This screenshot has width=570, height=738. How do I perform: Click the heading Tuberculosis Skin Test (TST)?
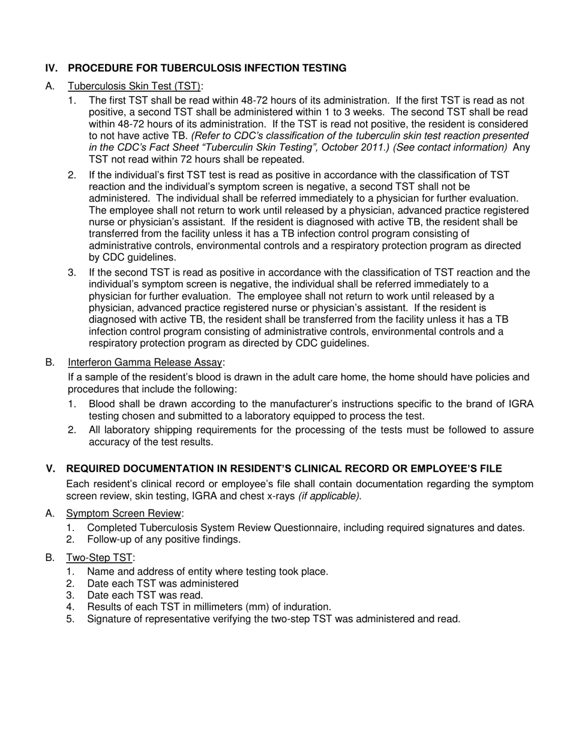[x=135, y=86]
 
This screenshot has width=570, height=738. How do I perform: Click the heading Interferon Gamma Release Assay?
[x=146, y=362]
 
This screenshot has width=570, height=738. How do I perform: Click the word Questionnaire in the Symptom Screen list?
[x=322, y=528]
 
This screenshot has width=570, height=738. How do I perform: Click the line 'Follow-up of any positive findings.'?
[x=164, y=539]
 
